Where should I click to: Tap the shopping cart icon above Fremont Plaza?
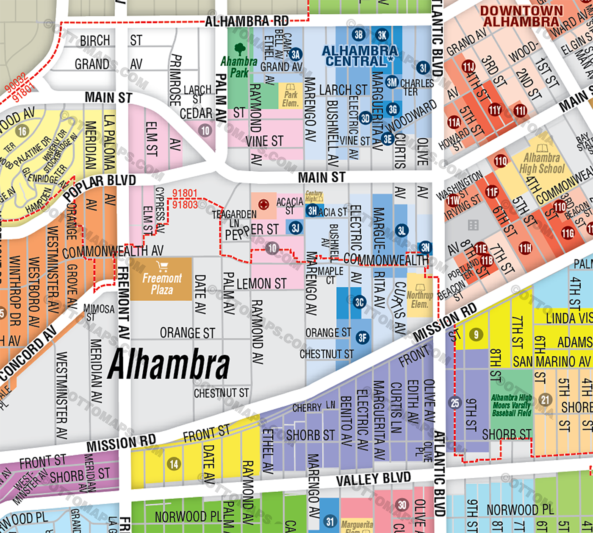click(162, 267)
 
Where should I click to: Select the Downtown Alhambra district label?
click(521, 16)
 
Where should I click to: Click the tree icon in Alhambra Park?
click(240, 49)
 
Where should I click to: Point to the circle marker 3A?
click(296, 54)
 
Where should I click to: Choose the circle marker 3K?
click(382, 35)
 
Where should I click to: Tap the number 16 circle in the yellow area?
click(22, 131)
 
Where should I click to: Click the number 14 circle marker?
click(174, 464)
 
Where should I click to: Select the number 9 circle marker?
click(476, 335)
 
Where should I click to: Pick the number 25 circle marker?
click(455, 402)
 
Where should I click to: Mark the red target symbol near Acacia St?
click(263, 205)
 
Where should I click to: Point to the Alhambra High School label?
click(542, 163)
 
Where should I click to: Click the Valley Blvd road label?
click(373, 479)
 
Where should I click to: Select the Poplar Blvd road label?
click(100, 187)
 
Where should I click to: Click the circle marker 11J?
click(468, 67)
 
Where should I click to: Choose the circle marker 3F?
click(363, 338)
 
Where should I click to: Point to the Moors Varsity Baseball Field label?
click(511, 405)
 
